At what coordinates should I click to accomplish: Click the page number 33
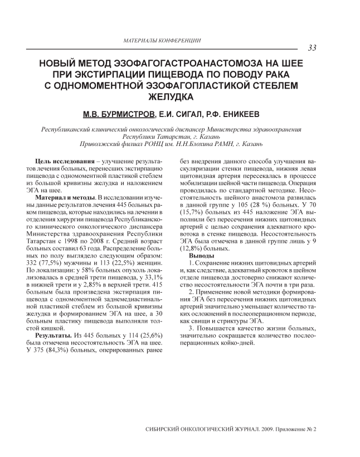[312, 48]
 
